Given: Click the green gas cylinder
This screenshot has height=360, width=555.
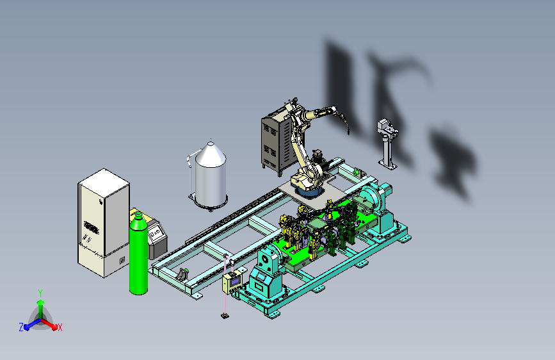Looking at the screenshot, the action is click(138, 254).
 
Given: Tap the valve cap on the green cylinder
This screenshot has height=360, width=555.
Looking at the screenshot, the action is click(138, 215).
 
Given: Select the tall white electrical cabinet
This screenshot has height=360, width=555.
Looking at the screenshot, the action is click(103, 222).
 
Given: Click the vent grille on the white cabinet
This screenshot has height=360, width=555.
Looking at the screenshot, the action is click(92, 227).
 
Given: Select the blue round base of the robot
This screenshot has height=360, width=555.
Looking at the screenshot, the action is click(309, 192).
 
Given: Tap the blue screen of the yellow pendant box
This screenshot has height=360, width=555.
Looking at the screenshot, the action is click(235, 281).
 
